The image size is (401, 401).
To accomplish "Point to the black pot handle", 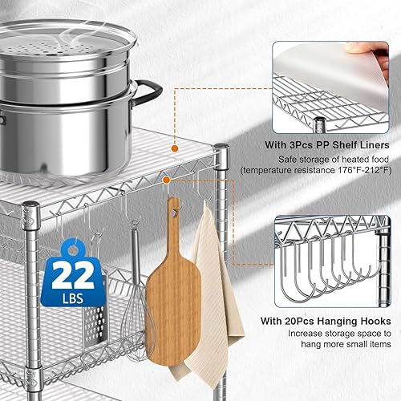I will [x=148, y=99].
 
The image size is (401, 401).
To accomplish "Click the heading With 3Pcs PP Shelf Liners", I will [x=331, y=145].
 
